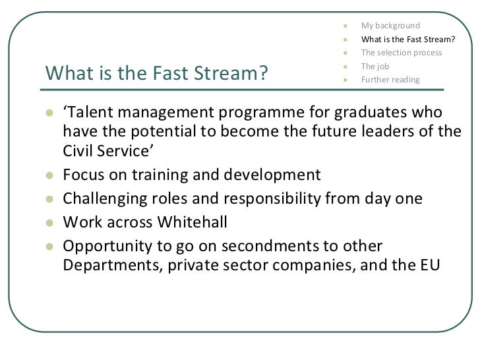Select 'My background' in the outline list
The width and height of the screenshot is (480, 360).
(x=390, y=26)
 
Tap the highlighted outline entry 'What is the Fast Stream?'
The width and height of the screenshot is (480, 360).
(x=408, y=39)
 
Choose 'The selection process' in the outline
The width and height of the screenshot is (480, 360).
(x=402, y=53)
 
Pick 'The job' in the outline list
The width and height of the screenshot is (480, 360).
(x=375, y=67)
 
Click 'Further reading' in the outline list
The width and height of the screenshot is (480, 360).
(x=389, y=80)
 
